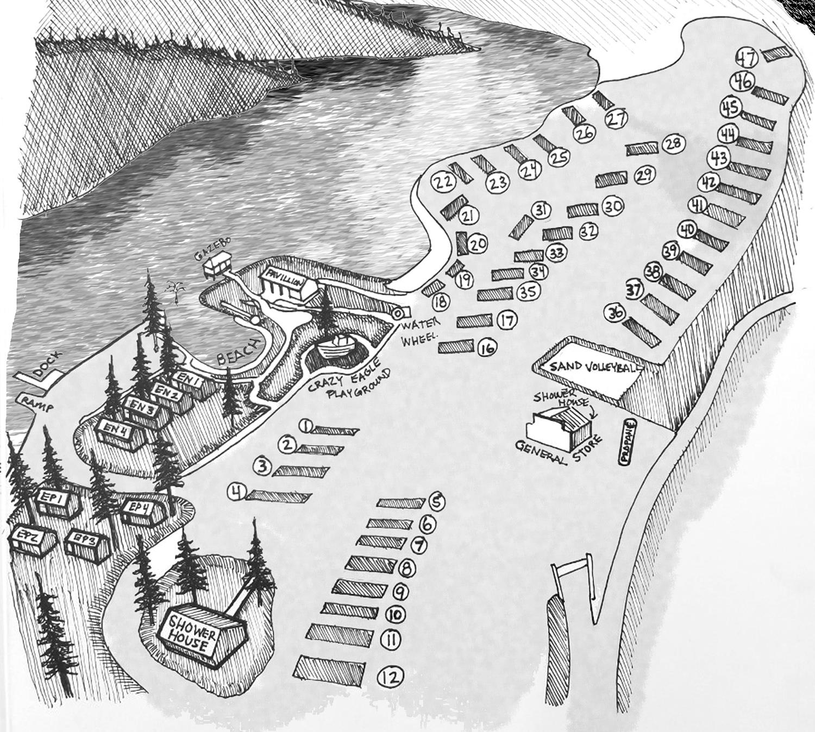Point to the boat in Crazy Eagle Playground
point(337,345)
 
